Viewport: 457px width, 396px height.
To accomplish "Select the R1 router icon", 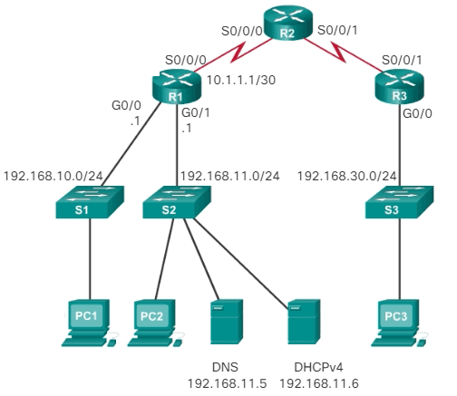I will (175, 92).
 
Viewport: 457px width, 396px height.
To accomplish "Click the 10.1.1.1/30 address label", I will (240, 81).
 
